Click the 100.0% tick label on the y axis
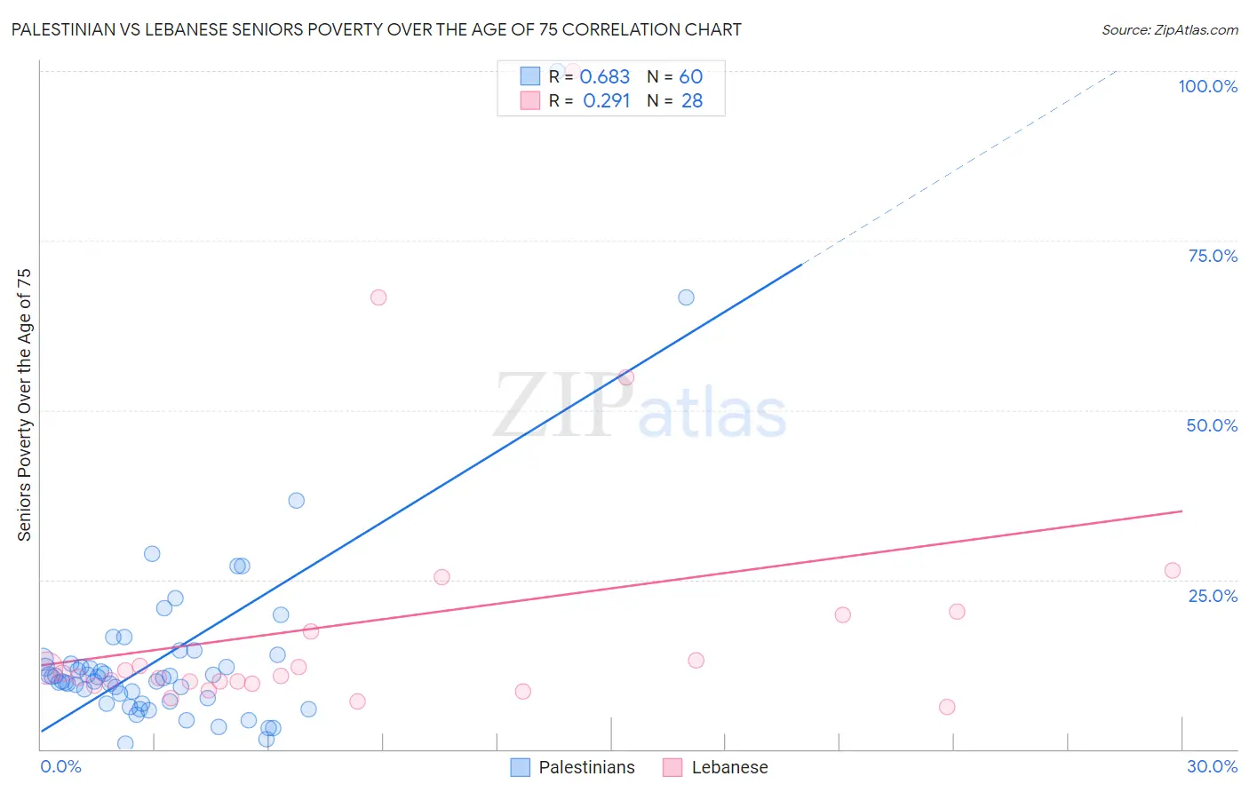1207,86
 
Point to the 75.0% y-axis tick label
1213,256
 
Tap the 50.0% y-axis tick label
1212,425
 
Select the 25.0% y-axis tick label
1213,596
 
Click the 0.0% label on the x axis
60,766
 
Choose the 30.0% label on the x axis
1212,766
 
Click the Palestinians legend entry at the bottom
586,767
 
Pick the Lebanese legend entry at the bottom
729,767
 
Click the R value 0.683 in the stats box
604,77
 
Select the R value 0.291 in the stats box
606,101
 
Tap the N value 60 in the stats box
691,77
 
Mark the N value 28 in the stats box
691,101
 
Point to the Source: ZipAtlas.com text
1169,29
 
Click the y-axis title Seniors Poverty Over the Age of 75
24,404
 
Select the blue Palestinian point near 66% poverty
686,297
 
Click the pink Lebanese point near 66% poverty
378,297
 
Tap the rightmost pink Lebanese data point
1172,571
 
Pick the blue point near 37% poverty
297,501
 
